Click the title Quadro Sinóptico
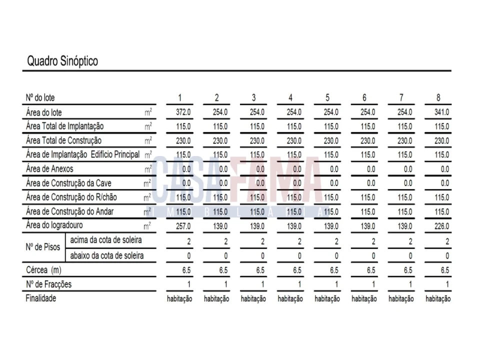[x=62, y=61]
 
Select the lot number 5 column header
[x=327, y=97]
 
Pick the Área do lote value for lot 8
[x=442, y=112]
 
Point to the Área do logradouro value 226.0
[x=442, y=226]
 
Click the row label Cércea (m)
[x=43, y=270]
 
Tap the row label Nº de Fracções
[x=48, y=284]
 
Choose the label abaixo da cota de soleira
[x=106, y=256]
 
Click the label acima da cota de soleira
[x=105, y=240]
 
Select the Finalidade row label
[x=41, y=298]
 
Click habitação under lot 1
[x=179, y=299]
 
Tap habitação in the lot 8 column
[x=438, y=299]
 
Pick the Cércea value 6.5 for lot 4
[x=297, y=270]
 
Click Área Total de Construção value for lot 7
[x=405, y=141]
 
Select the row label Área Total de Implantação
[x=65, y=126]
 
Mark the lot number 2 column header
[x=216, y=97]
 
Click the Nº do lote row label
[x=40, y=98]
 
